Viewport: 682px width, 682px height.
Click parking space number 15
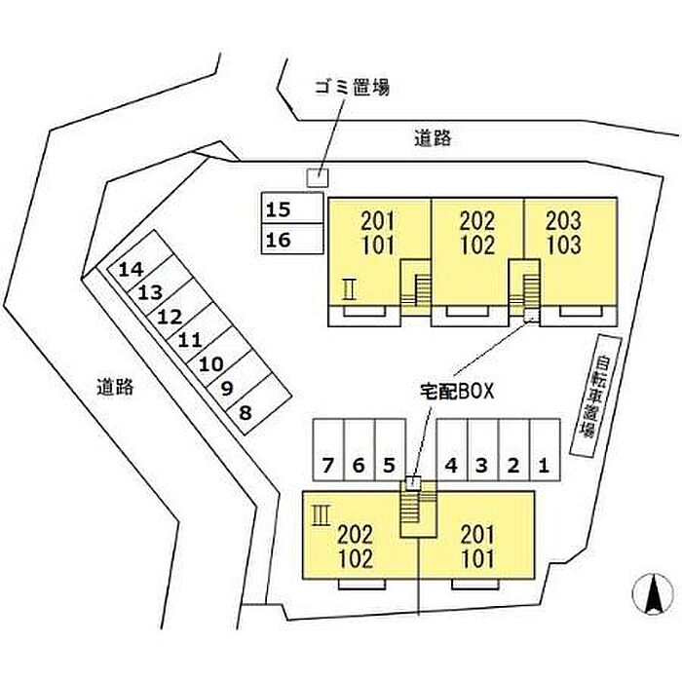coord(291,208)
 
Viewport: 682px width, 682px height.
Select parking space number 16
coord(291,239)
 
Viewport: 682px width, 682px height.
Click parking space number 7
coord(329,450)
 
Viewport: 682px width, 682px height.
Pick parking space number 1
coord(545,450)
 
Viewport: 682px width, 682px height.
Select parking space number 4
coord(451,450)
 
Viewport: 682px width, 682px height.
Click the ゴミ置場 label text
coord(351,87)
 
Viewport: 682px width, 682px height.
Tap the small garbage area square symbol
coord(318,177)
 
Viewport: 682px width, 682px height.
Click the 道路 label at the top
coord(432,138)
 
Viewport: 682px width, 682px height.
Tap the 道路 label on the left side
coord(115,387)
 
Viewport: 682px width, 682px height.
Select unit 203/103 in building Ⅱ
coord(570,232)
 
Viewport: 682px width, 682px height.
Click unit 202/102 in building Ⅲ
coord(356,547)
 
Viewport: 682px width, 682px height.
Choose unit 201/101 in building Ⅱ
coord(378,232)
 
